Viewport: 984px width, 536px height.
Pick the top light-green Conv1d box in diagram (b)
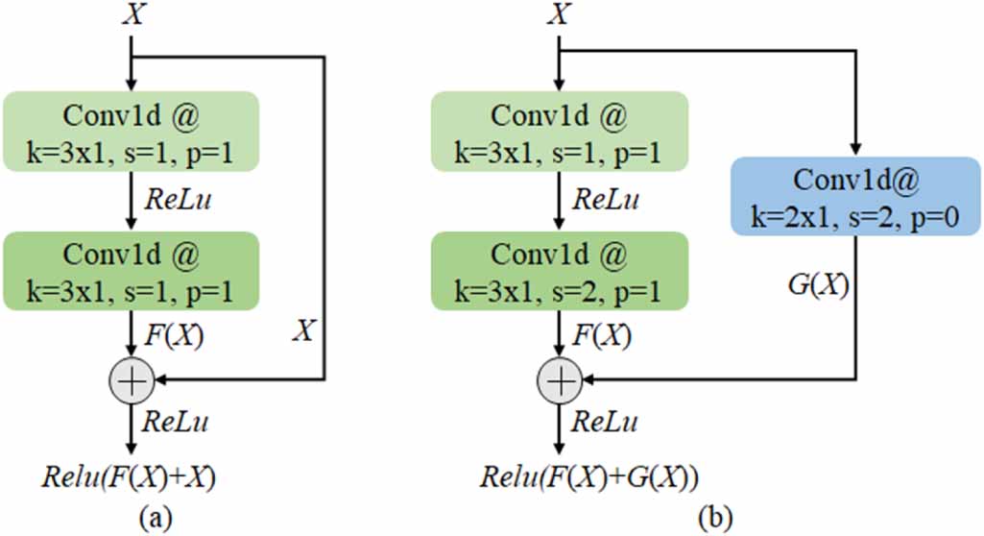[559, 132]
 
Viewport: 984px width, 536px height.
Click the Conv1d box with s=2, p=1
[559, 272]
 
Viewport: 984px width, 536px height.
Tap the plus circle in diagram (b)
[559, 381]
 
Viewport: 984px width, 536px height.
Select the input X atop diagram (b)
[559, 15]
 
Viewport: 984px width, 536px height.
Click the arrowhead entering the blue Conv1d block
[855, 149]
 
